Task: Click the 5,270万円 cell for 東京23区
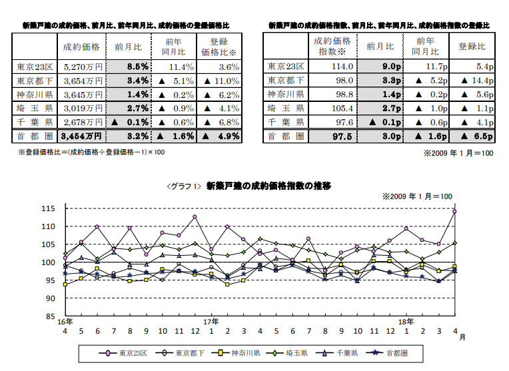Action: pyautogui.click(x=81, y=67)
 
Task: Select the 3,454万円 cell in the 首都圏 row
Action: pyautogui.click(x=81, y=136)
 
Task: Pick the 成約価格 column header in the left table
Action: pyautogui.click(x=81, y=47)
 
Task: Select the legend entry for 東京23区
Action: pyautogui.click(x=127, y=352)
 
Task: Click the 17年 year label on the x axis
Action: pyautogui.click(x=211, y=322)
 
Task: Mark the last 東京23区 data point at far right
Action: pyautogui.click(x=454, y=212)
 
